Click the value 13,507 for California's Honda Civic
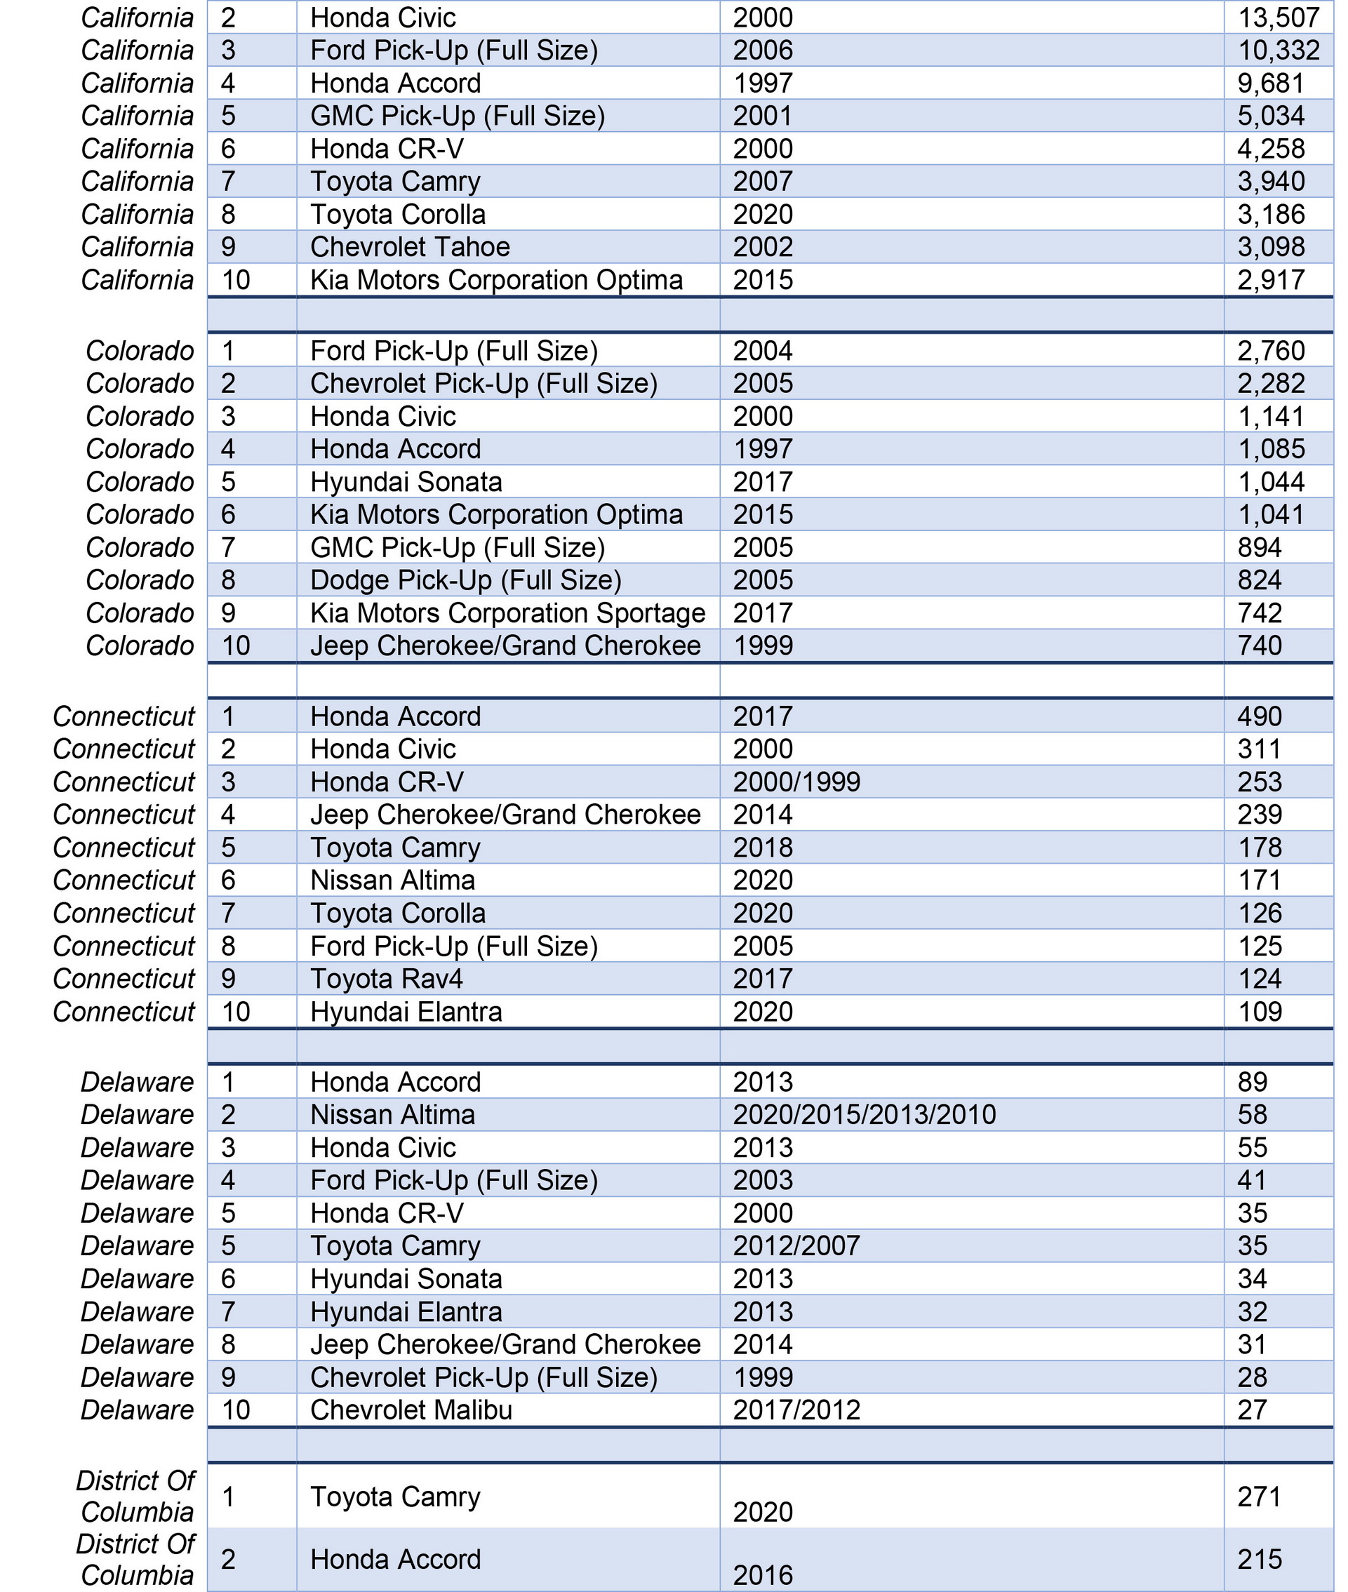click(1279, 18)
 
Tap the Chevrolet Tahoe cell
click(410, 248)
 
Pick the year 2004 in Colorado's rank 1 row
click(763, 352)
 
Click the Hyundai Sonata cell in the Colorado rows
click(406, 482)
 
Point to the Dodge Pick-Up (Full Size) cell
click(465, 580)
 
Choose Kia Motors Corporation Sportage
click(507, 613)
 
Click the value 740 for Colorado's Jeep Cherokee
click(1260, 646)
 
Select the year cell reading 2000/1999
click(796, 782)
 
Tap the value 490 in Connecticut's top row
click(1260, 716)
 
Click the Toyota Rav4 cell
click(386, 979)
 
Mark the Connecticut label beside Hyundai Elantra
click(124, 1012)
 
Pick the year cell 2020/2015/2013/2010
click(865, 1116)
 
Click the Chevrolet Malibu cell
click(411, 1410)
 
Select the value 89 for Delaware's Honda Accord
click(1253, 1083)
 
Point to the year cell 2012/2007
click(796, 1246)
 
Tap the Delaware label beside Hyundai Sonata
click(138, 1279)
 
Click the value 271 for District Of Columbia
click(1260, 1497)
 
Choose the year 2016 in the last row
click(763, 1575)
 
